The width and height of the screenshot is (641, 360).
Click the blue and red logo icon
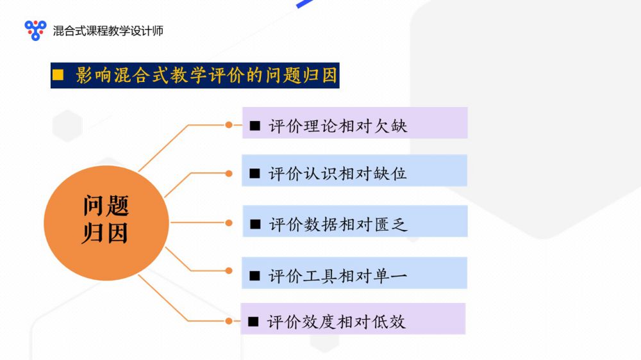click(x=35, y=30)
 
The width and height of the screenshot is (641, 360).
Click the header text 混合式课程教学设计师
click(x=108, y=31)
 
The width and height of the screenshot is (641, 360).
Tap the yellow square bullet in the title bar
click(x=58, y=75)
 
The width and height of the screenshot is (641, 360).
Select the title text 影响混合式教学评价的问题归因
click(x=206, y=75)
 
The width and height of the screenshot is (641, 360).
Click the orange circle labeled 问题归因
click(x=106, y=223)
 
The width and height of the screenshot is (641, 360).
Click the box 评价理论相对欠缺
click(x=355, y=122)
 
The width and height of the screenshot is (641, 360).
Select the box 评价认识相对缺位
click(x=354, y=170)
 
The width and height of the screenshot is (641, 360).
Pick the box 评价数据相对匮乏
click(x=355, y=221)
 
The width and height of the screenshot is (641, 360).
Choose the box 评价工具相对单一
click(x=354, y=273)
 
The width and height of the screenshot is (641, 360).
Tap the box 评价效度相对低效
click(x=353, y=319)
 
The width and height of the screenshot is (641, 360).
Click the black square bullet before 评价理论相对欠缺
click(x=255, y=126)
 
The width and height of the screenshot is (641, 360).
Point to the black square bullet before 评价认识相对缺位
click(x=254, y=174)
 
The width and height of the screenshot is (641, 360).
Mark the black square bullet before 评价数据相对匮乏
click(x=256, y=224)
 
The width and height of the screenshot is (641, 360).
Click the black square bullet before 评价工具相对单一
click(x=254, y=276)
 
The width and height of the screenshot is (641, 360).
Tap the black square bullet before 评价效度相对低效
click(x=253, y=322)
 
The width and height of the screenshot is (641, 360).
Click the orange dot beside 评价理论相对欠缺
click(x=229, y=125)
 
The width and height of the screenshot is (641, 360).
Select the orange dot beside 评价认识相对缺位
click(x=229, y=174)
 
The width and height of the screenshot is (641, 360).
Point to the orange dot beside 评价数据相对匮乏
click(x=229, y=223)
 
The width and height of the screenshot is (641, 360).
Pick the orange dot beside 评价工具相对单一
click(x=229, y=270)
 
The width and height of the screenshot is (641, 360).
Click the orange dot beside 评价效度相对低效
click(x=229, y=321)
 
